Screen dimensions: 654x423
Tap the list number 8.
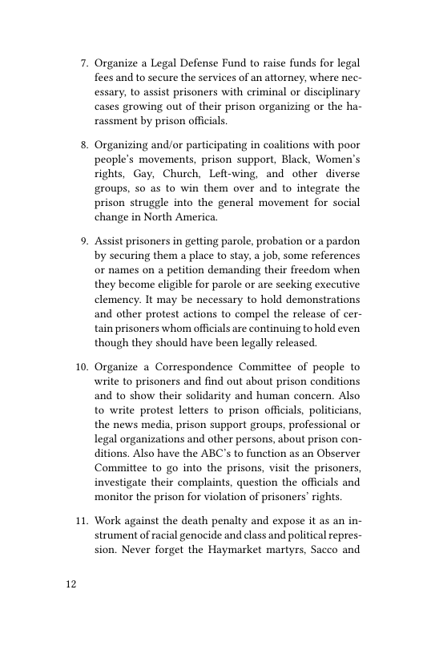click(x=83, y=145)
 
